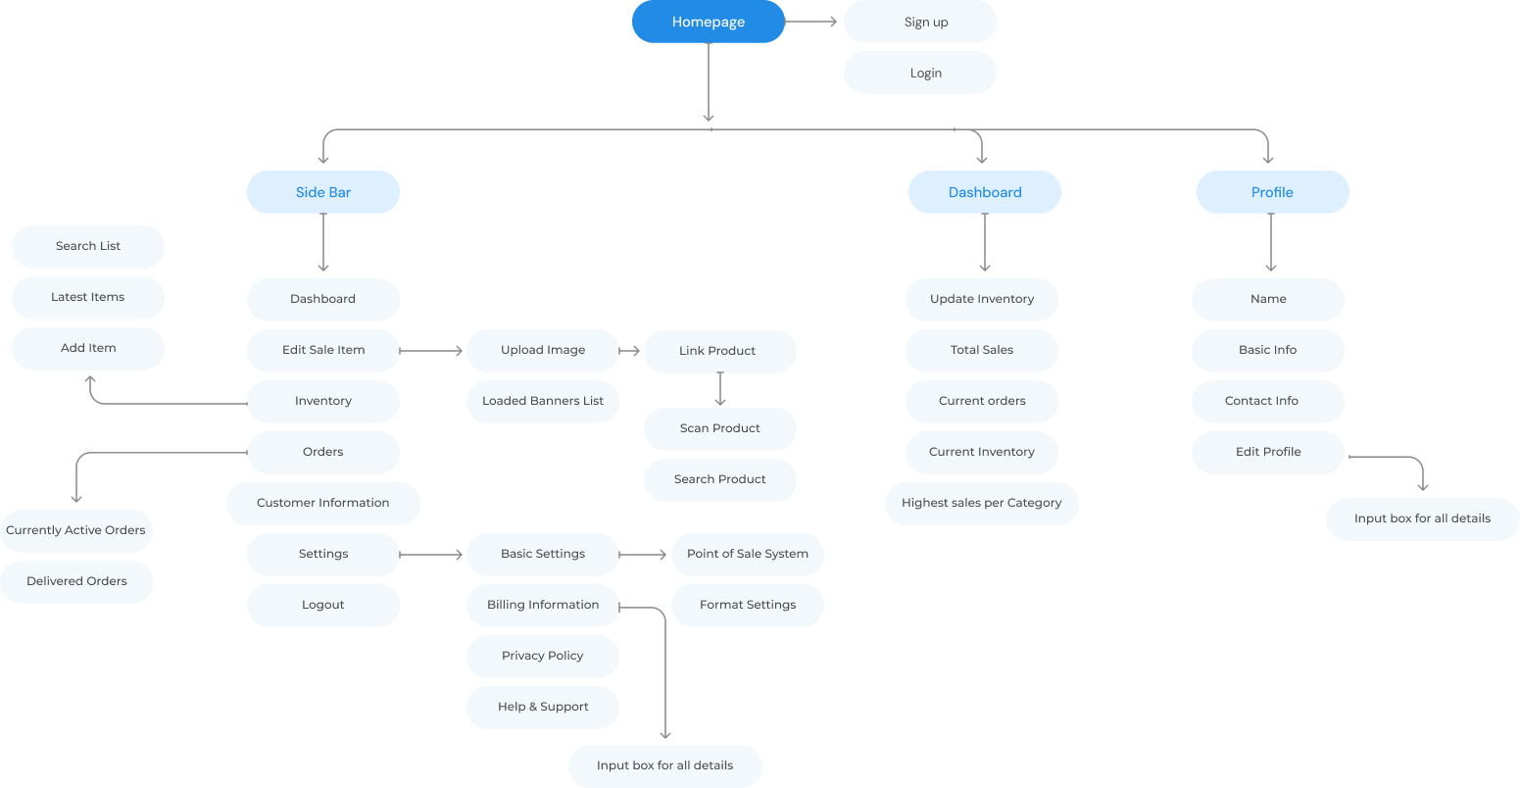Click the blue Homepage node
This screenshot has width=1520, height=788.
click(x=708, y=22)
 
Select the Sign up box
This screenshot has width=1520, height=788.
click(x=919, y=22)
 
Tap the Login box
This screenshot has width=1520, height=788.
click(x=919, y=73)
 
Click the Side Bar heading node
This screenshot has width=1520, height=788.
click(x=323, y=192)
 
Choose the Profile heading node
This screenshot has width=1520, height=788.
click(x=1272, y=192)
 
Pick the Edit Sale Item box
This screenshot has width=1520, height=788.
click(x=323, y=350)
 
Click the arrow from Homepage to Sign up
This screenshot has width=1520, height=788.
click(x=810, y=22)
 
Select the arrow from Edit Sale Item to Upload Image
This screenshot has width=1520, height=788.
click(x=431, y=351)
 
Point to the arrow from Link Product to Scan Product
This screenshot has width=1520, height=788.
click(x=720, y=389)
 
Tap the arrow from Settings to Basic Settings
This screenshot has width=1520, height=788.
click(x=431, y=555)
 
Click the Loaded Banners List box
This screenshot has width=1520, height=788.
click(x=542, y=401)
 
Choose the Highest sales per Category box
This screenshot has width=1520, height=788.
click(x=981, y=503)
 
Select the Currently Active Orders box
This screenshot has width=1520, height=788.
click(x=76, y=530)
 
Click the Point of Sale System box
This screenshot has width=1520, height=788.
click(x=747, y=554)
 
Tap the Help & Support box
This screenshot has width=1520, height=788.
click(x=542, y=707)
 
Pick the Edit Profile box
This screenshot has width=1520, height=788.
click(x=1267, y=452)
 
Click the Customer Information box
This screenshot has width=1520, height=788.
click(x=323, y=503)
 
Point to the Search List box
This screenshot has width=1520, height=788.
click(x=87, y=246)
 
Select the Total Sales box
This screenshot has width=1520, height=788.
click(x=981, y=350)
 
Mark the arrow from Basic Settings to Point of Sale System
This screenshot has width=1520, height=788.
click(x=643, y=555)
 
